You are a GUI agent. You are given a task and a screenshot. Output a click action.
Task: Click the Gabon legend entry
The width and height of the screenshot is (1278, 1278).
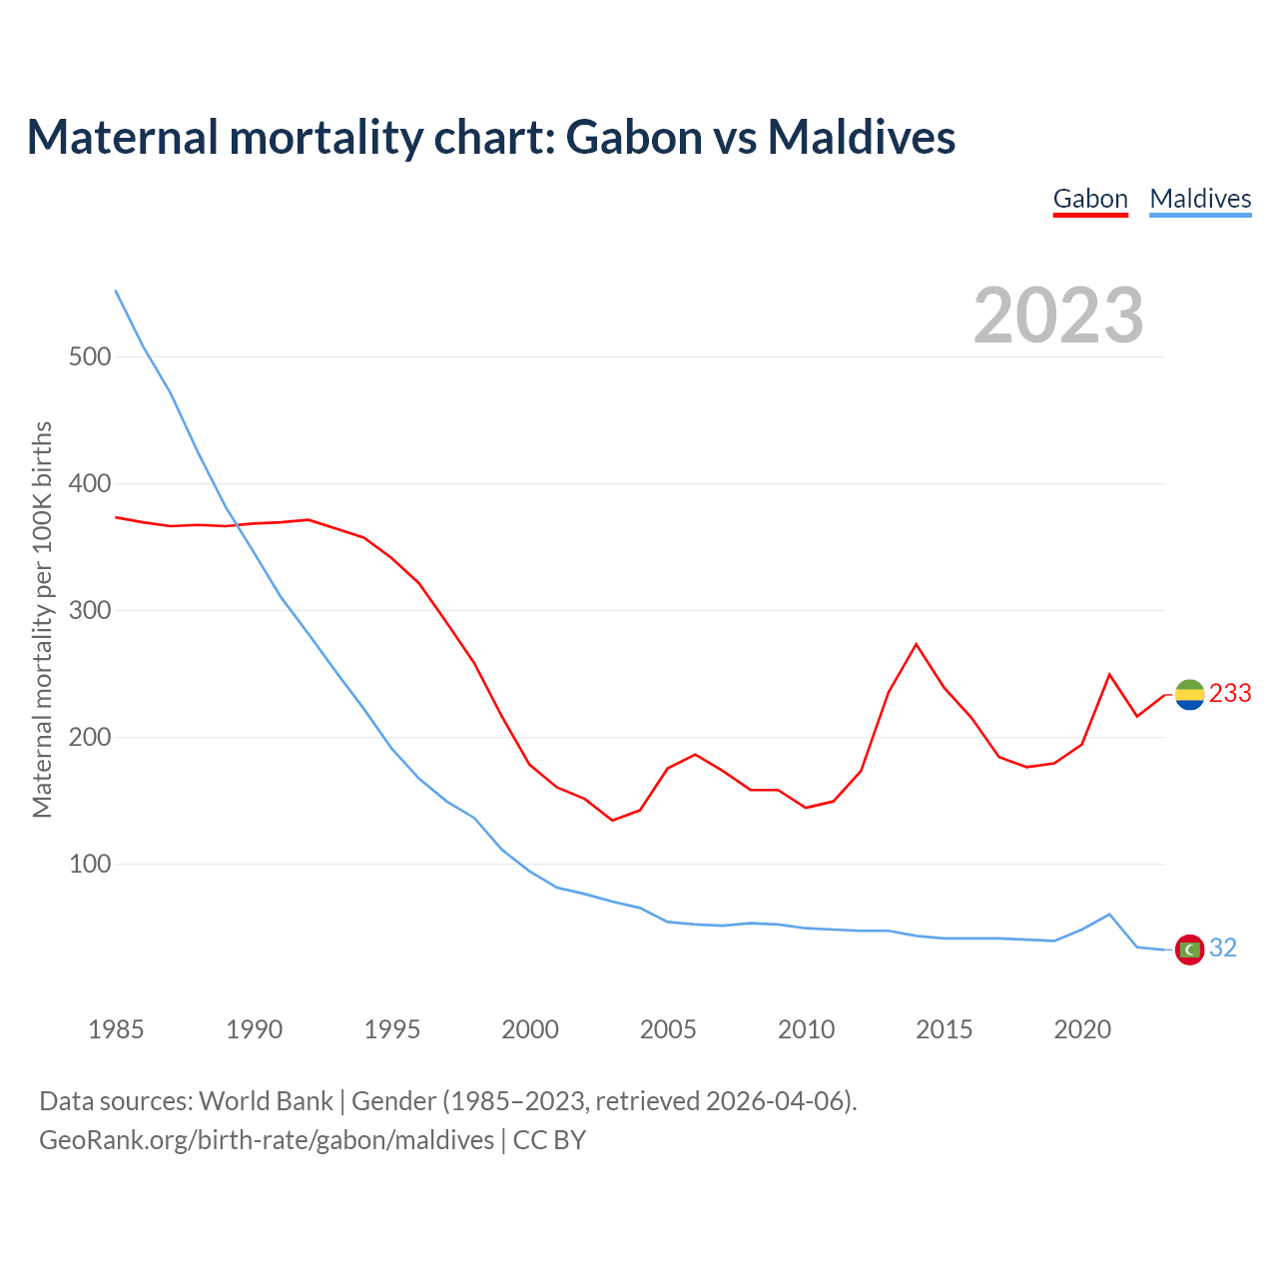point(1090,199)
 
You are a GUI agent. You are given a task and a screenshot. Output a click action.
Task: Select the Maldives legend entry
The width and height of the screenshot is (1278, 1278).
point(1200,199)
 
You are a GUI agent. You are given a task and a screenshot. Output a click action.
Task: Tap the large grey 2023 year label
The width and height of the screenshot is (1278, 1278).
point(1058,316)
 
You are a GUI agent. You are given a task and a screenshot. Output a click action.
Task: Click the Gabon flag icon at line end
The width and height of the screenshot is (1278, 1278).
point(1189,694)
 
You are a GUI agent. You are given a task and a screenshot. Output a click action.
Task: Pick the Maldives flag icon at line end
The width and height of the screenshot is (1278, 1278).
point(1189,949)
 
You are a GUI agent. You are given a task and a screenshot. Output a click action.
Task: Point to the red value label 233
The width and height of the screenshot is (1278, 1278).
point(1230,694)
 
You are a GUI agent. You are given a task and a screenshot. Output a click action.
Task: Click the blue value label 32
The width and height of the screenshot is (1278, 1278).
point(1223,949)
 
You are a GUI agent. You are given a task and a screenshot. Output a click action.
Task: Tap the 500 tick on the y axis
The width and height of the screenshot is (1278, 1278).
point(90,356)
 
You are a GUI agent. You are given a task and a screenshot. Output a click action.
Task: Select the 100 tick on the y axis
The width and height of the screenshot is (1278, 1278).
point(90,864)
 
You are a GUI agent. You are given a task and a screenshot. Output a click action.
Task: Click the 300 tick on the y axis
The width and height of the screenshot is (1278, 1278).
point(90,610)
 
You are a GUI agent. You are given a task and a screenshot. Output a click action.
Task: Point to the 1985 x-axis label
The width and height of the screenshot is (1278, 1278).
point(116,1029)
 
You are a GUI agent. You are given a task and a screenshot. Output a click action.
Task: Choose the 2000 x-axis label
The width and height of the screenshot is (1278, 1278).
point(530,1029)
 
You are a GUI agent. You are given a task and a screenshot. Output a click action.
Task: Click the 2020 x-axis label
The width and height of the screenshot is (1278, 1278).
point(1082,1029)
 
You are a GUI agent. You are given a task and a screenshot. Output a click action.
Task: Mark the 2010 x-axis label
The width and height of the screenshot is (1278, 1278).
point(806,1029)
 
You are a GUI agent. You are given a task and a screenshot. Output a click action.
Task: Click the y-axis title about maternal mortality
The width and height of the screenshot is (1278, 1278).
point(42,619)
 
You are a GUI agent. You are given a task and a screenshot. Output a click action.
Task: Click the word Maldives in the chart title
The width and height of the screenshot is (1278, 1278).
point(861,137)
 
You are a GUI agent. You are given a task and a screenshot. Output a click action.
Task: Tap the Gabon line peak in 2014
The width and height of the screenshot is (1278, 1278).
point(916,644)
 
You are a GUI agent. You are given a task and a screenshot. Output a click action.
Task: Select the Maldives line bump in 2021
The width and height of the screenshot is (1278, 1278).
point(1109,914)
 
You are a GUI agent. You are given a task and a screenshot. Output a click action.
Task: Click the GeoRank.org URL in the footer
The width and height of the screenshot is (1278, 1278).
point(267,1140)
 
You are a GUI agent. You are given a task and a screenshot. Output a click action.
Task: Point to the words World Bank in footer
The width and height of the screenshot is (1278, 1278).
point(266,1101)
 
